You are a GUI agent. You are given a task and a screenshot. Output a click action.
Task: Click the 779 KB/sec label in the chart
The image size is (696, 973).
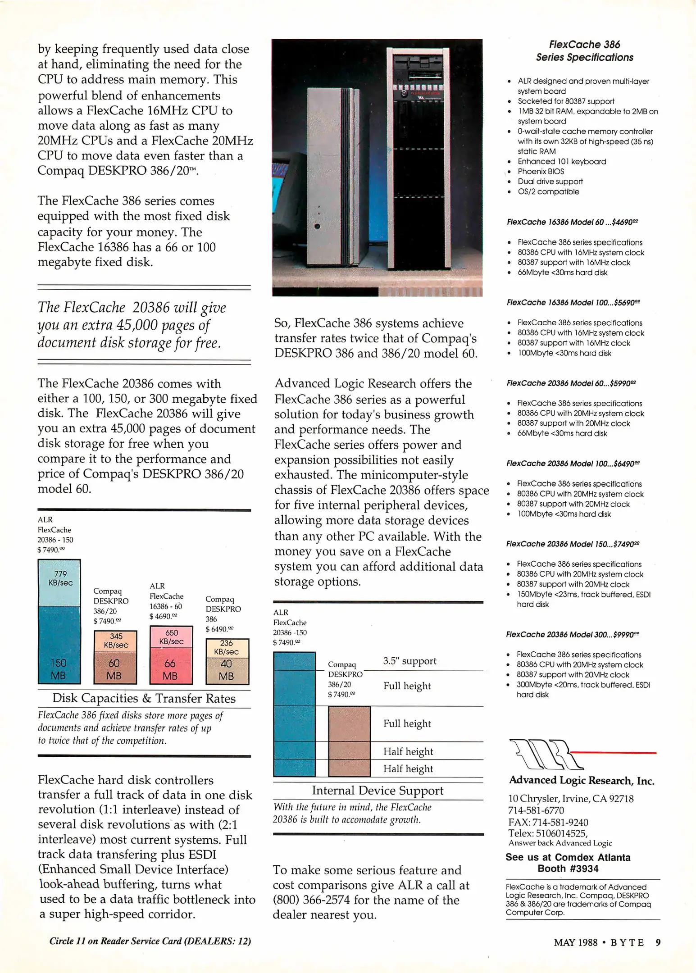point(60,578)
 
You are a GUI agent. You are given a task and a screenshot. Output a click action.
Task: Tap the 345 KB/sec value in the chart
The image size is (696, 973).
point(116,640)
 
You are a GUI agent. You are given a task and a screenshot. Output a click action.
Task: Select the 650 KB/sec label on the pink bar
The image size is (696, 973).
point(171,637)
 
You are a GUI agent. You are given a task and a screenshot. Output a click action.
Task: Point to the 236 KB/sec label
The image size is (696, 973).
point(226,647)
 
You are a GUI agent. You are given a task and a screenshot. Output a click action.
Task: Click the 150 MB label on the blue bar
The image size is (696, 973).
point(58,669)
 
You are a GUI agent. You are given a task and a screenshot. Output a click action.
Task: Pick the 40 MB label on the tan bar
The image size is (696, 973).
point(226,669)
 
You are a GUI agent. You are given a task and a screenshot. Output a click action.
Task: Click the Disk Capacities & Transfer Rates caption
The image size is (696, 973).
point(144,698)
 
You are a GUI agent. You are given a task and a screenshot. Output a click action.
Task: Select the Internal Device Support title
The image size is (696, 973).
point(378,791)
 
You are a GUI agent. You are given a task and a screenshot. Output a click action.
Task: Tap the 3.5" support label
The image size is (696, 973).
point(409,661)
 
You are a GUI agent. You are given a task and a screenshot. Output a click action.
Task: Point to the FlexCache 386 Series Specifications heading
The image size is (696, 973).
point(584,51)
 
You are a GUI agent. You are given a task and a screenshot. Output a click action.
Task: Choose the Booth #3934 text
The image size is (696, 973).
point(568,868)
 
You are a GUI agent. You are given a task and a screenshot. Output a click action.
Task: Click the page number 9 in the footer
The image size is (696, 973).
point(658,942)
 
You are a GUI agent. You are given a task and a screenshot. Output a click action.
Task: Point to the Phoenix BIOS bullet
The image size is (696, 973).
point(541,172)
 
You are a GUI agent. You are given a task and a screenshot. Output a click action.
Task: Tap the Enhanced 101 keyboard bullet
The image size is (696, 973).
point(562,161)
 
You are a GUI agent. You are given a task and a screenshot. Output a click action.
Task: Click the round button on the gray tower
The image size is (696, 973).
point(317,227)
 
